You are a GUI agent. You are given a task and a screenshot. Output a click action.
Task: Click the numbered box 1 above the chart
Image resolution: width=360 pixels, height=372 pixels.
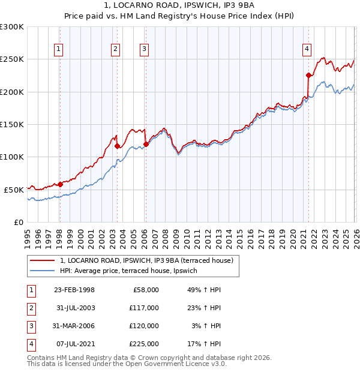(59, 49)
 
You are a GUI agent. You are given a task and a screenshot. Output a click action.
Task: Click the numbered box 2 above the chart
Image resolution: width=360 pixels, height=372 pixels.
(115, 49)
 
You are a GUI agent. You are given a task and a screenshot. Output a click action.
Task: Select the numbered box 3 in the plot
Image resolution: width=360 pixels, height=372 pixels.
(145, 49)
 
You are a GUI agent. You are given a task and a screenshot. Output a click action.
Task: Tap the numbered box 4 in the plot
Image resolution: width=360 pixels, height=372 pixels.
(307, 49)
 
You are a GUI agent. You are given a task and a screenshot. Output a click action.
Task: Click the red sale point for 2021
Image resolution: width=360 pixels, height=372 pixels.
(308, 76)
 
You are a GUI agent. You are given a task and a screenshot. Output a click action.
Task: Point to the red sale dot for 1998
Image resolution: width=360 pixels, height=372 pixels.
(60, 184)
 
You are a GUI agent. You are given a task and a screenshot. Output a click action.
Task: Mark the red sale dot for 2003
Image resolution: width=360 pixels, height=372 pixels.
(117, 146)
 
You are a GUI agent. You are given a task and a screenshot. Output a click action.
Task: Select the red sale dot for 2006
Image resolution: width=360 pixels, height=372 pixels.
(146, 144)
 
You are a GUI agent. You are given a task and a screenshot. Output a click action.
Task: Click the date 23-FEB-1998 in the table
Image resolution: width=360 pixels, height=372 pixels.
(74, 290)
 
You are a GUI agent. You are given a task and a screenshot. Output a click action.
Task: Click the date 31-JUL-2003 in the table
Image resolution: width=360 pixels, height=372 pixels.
(74, 308)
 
